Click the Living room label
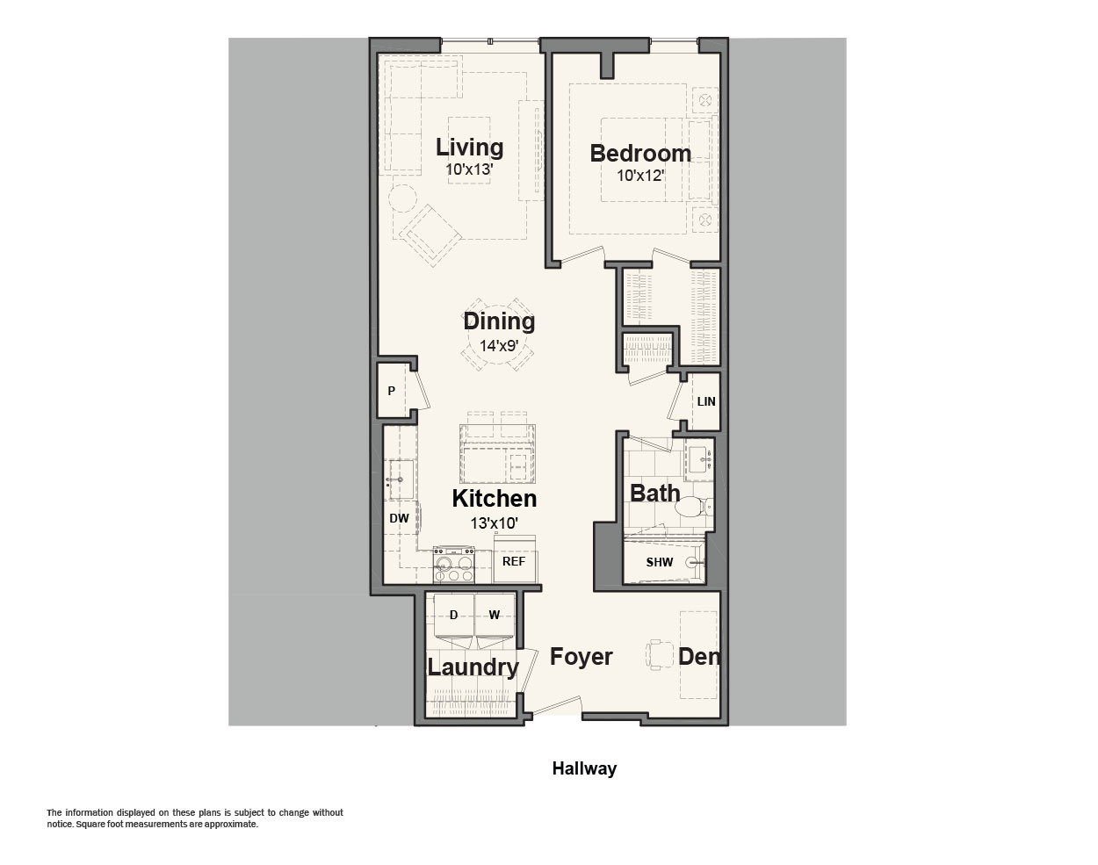click(x=469, y=147)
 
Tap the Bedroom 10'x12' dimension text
click(x=640, y=176)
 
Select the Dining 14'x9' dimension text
click(x=498, y=346)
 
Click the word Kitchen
click(x=494, y=498)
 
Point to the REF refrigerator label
click(x=513, y=561)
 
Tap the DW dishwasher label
click(x=399, y=518)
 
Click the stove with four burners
click(x=453, y=565)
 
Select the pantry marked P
click(x=392, y=391)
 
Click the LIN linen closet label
click(x=706, y=401)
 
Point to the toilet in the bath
click(x=693, y=508)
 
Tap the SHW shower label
click(x=659, y=562)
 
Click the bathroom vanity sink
click(x=699, y=459)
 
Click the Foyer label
click(x=582, y=656)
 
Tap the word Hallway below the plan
click(x=584, y=768)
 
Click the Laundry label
click(x=473, y=667)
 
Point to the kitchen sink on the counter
click(x=401, y=479)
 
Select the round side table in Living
click(x=403, y=198)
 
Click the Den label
click(x=699, y=656)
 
